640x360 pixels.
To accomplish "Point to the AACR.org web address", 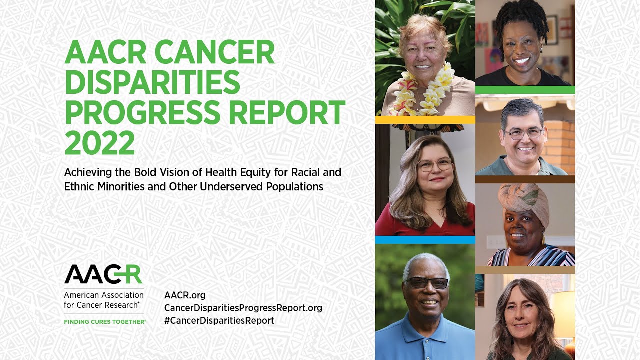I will pyautogui.click(x=185, y=295).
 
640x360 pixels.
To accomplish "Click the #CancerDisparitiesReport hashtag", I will pyautogui.click(x=219, y=320).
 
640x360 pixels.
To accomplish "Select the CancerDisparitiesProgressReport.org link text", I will pyautogui.click(x=243, y=308).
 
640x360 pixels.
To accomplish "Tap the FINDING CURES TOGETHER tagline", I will pyautogui.click(x=105, y=322).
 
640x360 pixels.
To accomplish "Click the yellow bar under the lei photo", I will pyautogui.click(x=425, y=120).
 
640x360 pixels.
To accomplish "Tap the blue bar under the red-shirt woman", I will pyautogui.click(x=425, y=240).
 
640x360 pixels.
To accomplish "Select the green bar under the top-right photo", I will pyautogui.click(x=525, y=90).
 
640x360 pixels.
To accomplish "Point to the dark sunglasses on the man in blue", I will pyautogui.click(x=427, y=283).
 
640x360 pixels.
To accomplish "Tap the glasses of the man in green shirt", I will pyautogui.click(x=522, y=133).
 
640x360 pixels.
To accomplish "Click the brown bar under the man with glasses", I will pyautogui.click(x=525, y=179).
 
